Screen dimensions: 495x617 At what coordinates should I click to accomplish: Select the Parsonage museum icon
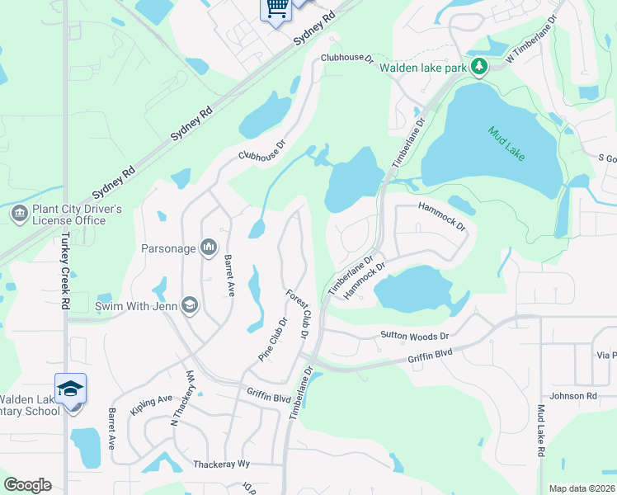(209, 247)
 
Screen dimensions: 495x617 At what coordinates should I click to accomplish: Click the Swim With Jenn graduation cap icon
(191, 305)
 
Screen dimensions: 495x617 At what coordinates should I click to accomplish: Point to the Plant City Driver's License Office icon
(19, 214)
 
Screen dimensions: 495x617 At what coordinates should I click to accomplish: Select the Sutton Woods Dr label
(414, 336)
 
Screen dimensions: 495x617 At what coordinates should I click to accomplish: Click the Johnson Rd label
(573, 396)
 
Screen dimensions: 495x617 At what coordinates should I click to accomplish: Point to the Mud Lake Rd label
(542, 431)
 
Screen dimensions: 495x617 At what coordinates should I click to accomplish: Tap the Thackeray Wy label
(221, 464)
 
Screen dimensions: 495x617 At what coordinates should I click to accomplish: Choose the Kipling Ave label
(151, 404)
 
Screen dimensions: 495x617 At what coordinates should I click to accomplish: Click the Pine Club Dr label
(272, 339)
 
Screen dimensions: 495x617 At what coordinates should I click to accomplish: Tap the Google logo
(27, 485)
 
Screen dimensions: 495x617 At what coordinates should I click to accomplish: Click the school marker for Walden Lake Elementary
(71, 388)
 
